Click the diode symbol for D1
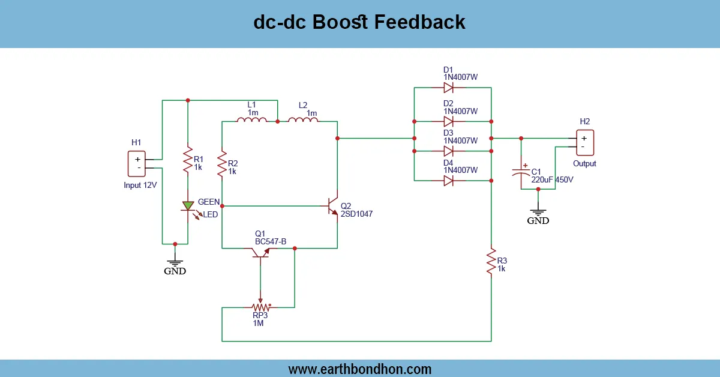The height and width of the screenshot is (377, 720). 448,88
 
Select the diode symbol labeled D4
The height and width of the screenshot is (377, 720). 448,180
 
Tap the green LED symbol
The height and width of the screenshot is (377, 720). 188,207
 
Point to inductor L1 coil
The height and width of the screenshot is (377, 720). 252,121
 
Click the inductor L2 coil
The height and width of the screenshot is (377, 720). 303,121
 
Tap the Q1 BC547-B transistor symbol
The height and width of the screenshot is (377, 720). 260,252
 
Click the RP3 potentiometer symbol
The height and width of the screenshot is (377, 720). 260,307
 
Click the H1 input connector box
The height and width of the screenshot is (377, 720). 137,164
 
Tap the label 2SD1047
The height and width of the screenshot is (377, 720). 356,213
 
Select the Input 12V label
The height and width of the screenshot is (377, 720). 140,185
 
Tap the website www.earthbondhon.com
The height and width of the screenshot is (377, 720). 360,369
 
